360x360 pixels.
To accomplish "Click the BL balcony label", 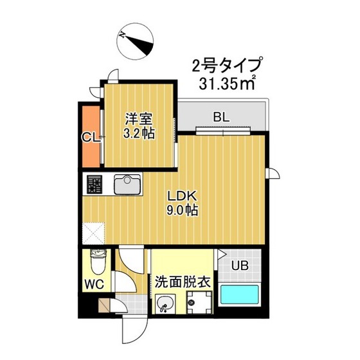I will coord(221,118).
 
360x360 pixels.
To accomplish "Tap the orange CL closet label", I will coord(89,137).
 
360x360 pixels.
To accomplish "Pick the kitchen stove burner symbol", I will coord(94,186).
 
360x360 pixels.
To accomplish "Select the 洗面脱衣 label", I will coord(183,282).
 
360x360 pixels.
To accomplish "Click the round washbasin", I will coord(165,302).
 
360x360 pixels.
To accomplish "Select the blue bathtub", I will coord(240,296).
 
